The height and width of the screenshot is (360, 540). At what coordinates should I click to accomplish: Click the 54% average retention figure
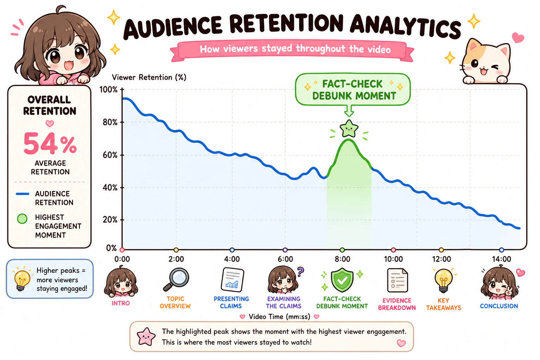pyautogui.click(x=50, y=143)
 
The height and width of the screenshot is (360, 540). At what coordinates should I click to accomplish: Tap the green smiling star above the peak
pyautogui.click(x=349, y=129)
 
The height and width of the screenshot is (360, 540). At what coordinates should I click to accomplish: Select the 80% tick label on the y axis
pyautogui.click(x=110, y=122)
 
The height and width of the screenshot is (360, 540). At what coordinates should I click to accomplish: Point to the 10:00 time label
pyautogui.click(x=393, y=259)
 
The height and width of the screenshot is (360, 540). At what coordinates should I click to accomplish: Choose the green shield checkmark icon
pyautogui.click(x=342, y=280)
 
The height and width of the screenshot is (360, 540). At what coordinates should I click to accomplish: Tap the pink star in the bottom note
pyautogui.click(x=146, y=336)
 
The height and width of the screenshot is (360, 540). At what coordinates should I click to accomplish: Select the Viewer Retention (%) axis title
pyautogui.click(x=149, y=77)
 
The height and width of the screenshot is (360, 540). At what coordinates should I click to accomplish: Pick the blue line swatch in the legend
pyautogui.click(x=22, y=194)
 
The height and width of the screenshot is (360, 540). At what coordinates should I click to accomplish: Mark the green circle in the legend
pyautogui.click(x=22, y=219)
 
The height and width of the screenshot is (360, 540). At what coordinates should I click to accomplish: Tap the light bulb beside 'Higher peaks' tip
pyautogui.click(x=22, y=279)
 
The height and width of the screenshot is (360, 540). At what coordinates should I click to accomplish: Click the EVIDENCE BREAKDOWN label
pyautogui.click(x=397, y=304)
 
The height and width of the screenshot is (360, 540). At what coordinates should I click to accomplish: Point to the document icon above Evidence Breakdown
pyautogui.click(x=397, y=280)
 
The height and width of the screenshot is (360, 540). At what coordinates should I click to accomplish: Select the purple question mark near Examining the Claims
pyautogui.click(x=300, y=271)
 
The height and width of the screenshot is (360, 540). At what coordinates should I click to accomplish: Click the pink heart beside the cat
pyautogui.click(x=518, y=38)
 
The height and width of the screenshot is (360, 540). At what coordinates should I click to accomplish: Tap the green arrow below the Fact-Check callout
pyautogui.click(x=349, y=111)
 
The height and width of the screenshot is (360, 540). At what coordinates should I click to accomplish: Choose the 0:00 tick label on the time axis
pyautogui.click(x=122, y=259)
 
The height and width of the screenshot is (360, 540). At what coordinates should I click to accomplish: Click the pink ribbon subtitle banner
pyautogui.click(x=292, y=50)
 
